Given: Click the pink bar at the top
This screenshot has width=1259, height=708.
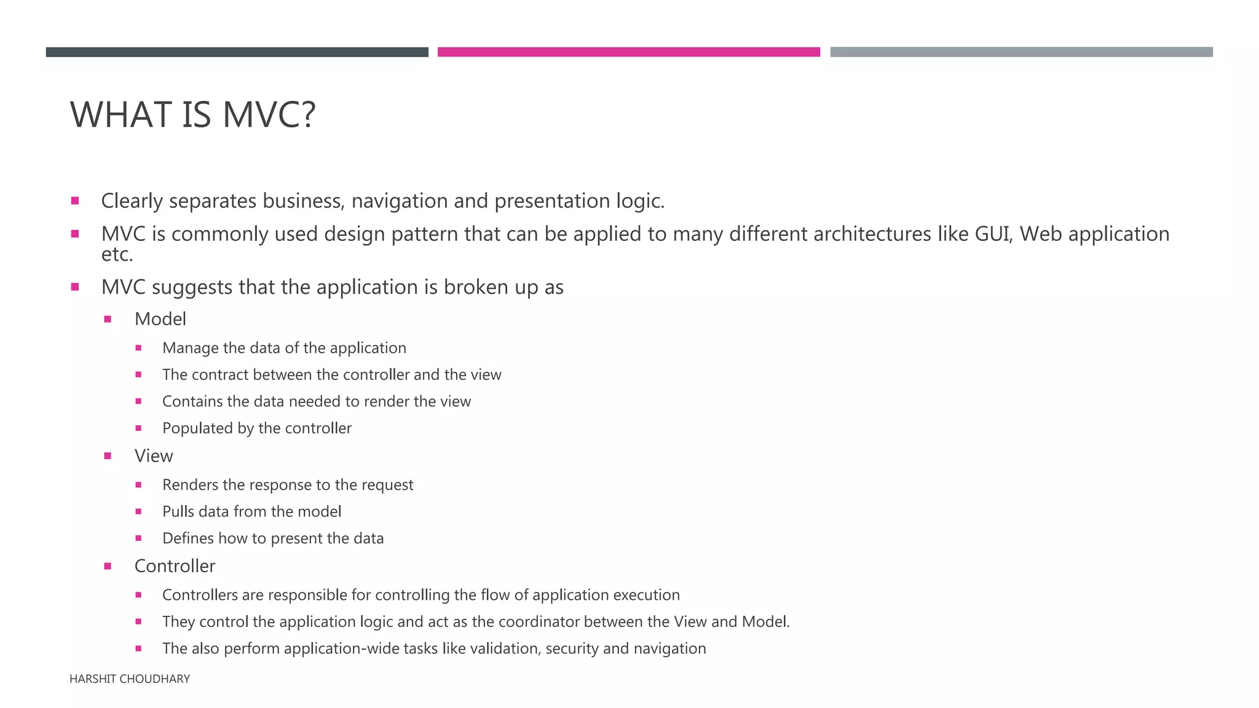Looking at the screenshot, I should click(628, 52).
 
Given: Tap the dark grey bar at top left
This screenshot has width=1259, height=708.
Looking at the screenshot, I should click(237, 52).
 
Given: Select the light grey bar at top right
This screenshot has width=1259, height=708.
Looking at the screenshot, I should click(1021, 52).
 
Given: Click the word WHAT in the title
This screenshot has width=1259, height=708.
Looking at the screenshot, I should click(120, 115).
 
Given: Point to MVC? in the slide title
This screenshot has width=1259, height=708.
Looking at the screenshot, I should click(269, 115).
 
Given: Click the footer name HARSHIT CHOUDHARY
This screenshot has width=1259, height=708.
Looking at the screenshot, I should click(130, 679).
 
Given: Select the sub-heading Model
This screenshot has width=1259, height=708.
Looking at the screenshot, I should click(160, 319).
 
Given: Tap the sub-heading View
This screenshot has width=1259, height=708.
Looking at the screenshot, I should click(154, 456).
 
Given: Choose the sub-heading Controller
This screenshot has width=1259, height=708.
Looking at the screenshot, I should click(175, 566).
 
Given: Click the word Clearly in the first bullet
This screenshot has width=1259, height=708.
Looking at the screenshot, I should click(132, 201).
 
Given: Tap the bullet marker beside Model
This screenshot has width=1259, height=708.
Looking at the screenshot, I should click(108, 319).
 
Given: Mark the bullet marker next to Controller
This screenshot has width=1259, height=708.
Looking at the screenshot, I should click(108, 566).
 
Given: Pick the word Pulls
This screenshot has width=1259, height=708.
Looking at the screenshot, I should click(178, 511).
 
